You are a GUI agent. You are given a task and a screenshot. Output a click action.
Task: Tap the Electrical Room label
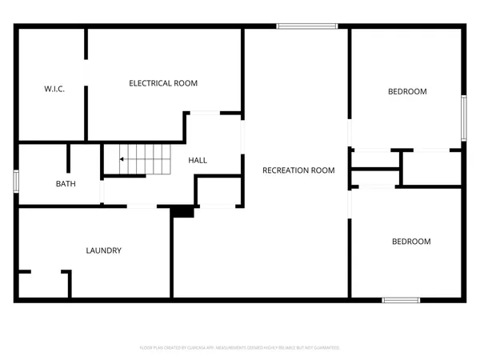(163, 83)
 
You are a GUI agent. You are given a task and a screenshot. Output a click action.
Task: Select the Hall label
(198, 161)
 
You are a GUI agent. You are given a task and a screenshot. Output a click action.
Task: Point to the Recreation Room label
(298, 170)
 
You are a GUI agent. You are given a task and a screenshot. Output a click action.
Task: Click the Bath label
(66, 184)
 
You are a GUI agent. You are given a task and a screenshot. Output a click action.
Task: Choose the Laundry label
(103, 250)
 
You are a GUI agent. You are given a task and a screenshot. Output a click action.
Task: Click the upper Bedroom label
(407, 92)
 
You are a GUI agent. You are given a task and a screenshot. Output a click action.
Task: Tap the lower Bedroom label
(410, 242)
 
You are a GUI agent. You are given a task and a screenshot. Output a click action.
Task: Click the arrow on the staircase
(122, 160)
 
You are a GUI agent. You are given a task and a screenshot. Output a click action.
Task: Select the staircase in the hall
(146, 159)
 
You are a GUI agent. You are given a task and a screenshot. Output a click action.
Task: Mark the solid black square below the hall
(183, 211)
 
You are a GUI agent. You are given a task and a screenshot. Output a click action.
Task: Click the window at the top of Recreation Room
(306, 27)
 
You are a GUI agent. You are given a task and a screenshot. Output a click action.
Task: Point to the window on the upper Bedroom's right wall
(463, 118)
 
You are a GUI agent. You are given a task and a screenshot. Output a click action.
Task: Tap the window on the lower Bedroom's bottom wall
(400, 300)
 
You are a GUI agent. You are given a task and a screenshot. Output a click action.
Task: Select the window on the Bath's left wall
(16, 180)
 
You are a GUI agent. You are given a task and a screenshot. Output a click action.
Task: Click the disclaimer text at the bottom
(240, 348)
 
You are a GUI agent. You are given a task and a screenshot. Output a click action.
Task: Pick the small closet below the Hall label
(216, 192)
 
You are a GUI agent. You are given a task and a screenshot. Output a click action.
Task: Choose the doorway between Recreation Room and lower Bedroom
(350, 205)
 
